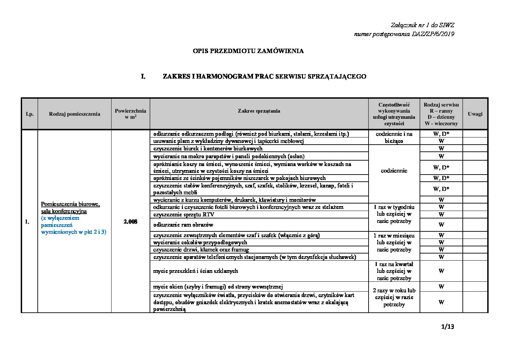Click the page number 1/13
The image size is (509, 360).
pos(447,327)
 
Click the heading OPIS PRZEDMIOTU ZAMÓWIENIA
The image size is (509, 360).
pos(248,51)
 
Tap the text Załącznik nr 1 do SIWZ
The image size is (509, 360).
pos(422,25)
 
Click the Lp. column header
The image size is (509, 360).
pos(30,114)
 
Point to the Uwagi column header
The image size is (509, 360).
pos(475,114)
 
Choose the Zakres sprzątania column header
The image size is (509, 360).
pos(259,111)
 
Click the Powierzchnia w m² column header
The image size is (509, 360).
pos(131,114)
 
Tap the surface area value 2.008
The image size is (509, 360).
pos(131,222)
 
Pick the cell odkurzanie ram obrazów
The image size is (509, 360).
pos(183,225)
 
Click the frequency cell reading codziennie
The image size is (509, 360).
pos(394,171)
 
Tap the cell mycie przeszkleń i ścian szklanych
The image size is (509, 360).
pos(196,271)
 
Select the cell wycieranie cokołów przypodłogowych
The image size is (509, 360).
pos(200,242)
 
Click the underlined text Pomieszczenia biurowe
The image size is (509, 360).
pos(70,204)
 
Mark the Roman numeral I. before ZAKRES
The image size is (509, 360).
pos(143,77)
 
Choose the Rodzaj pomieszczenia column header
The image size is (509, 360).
pos(74,114)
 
